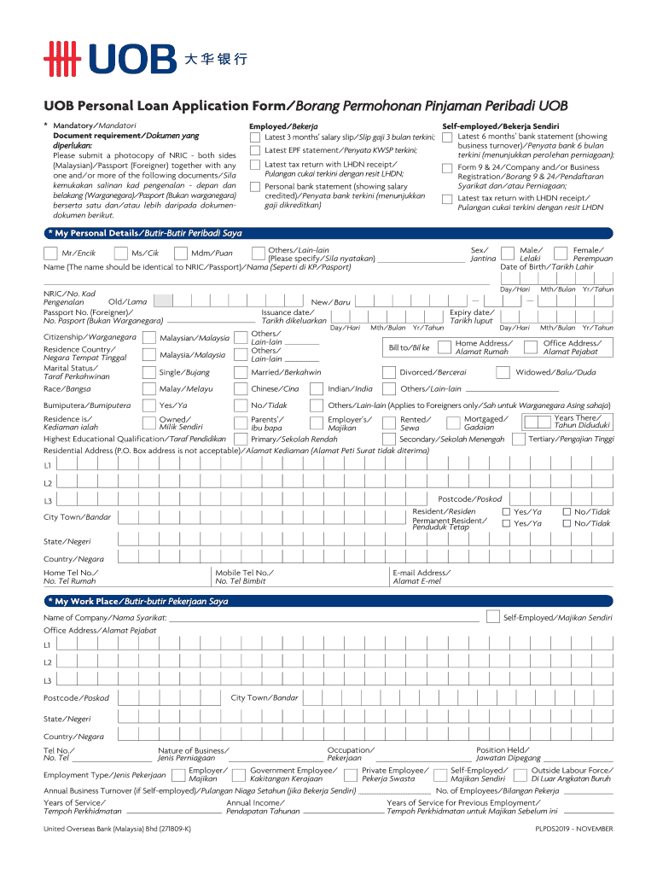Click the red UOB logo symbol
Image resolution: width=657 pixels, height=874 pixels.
pos(62,59)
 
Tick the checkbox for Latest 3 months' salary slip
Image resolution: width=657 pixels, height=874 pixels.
pos(254,137)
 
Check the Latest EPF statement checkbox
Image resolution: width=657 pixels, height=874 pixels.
pos(254,151)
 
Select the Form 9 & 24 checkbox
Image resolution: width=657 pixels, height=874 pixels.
pos(447,168)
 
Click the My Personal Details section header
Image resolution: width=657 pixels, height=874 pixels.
pos(145,233)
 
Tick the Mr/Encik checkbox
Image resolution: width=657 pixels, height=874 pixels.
pos(50,253)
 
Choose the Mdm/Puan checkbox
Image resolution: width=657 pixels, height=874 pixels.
pos(180,253)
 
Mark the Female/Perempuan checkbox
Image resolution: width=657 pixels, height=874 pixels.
pos(561,253)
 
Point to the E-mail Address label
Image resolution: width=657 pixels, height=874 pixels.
pos(421,573)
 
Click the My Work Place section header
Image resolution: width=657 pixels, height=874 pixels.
pos(137,602)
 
